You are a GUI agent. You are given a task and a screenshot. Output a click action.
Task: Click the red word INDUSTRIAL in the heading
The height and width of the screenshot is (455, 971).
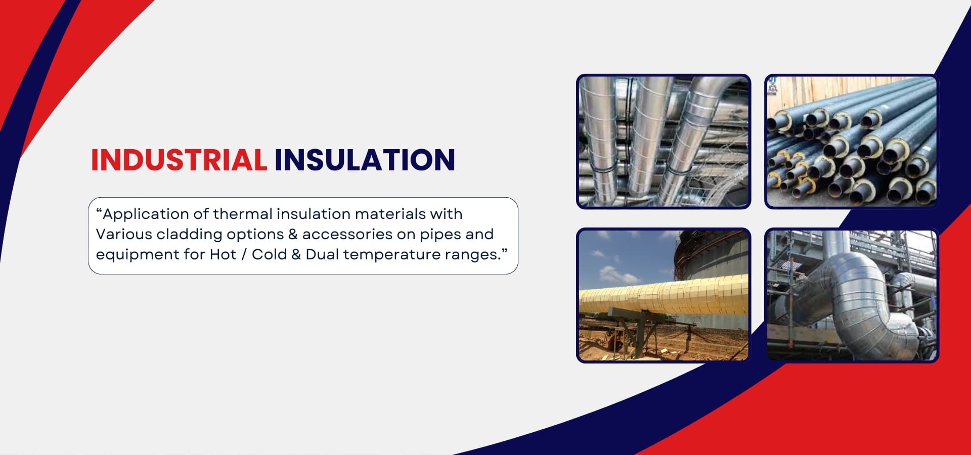point(179,160)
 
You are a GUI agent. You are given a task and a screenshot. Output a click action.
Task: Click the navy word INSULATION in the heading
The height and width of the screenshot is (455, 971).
point(365,160)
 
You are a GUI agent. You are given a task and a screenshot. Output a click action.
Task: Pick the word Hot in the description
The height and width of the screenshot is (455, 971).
point(223,254)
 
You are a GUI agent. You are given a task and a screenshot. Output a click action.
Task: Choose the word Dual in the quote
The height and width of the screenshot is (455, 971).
point(322,254)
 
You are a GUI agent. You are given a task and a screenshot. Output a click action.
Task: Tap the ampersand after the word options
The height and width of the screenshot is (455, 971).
point(293,235)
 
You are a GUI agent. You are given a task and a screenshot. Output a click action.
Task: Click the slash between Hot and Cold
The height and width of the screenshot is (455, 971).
point(244,254)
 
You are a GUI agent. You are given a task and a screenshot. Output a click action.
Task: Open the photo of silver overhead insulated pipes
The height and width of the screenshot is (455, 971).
point(664,142)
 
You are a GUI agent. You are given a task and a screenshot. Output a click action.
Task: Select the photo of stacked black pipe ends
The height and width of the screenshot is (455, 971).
point(852,142)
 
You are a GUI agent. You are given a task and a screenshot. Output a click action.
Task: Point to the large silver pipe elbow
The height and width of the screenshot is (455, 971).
point(855,303)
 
